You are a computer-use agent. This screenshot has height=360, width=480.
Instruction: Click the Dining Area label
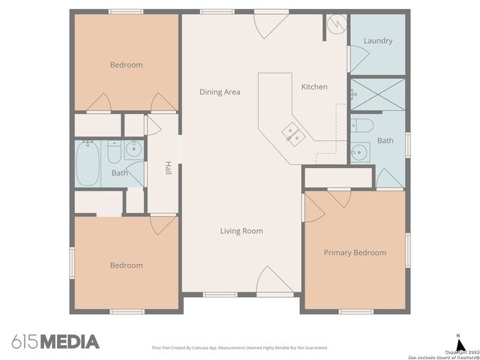(220, 91)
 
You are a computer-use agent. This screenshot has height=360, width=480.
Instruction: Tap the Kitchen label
(314, 87)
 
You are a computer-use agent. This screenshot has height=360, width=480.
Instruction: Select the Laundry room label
(377, 40)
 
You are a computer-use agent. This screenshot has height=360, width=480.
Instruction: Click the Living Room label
(241, 231)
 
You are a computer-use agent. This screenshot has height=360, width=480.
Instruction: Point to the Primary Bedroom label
(355, 253)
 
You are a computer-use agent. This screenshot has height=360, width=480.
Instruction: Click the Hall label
(169, 169)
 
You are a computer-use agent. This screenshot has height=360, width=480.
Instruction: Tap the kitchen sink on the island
(292, 134)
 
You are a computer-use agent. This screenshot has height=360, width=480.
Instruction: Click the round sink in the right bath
(361, 153)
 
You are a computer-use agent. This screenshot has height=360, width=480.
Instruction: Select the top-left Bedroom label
(126, 65)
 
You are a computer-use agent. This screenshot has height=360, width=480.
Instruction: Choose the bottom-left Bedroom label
(126, 265)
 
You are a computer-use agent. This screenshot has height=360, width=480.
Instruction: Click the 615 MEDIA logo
(55, 342)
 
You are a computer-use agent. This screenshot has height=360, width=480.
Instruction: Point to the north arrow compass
(458, 341)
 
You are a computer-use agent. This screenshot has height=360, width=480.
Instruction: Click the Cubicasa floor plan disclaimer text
(240, 348)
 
